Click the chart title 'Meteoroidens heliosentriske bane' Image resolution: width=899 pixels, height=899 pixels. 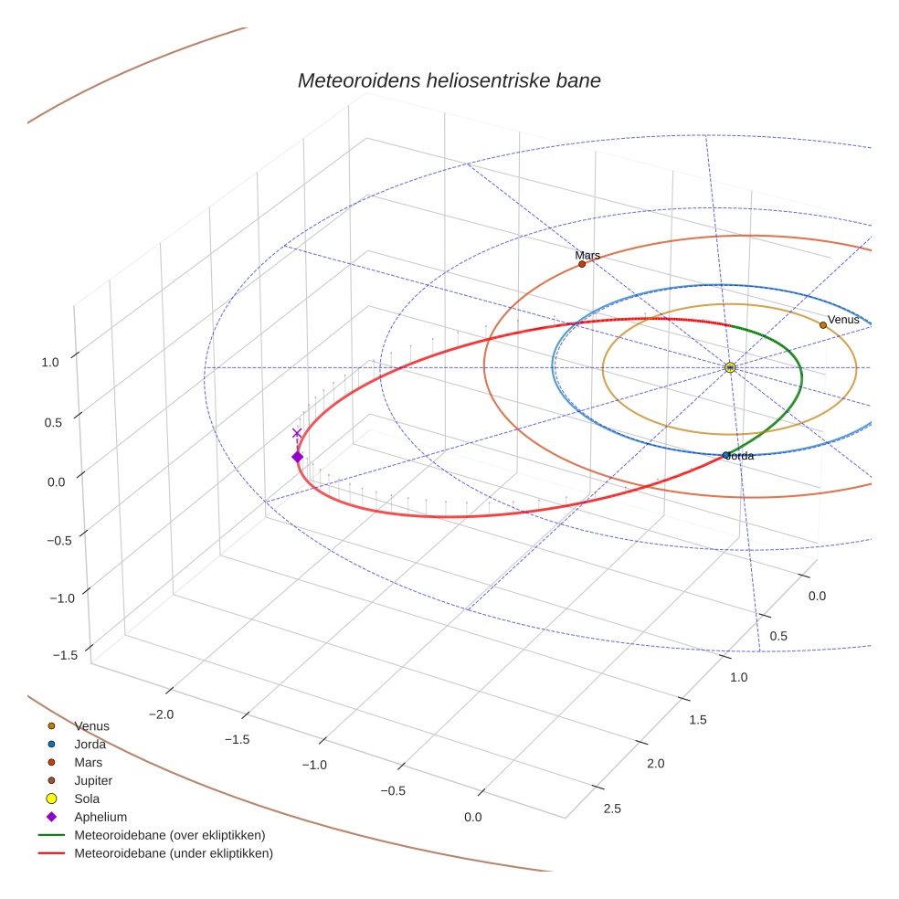pos(449,80)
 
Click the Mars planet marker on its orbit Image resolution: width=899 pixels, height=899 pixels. pos(582,264)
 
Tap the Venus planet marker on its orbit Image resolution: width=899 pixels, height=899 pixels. pos(823,324)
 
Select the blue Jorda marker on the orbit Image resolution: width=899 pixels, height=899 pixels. pos(726,455)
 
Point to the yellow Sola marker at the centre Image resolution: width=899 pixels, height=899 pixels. pos(730,367)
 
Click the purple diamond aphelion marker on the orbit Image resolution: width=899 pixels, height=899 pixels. pos(297,457)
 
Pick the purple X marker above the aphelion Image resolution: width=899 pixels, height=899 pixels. pos(297,433)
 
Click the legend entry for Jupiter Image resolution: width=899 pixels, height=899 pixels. pos(93,780)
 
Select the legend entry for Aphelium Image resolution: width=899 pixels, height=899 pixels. pos(100,817)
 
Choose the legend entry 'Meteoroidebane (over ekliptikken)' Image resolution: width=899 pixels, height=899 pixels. pos(169,835)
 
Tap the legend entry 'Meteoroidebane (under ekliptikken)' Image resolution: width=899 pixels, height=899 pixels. pos(173,853)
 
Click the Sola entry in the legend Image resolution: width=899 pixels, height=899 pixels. pos(87,799)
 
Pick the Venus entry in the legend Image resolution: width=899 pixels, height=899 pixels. pos(91,725)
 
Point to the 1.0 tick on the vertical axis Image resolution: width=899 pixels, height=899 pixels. pos(49,362)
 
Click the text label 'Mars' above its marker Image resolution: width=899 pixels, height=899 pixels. pos(587,255)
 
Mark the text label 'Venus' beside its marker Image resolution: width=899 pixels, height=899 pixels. pos(843,319)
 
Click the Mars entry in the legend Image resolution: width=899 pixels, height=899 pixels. pos(88,762)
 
